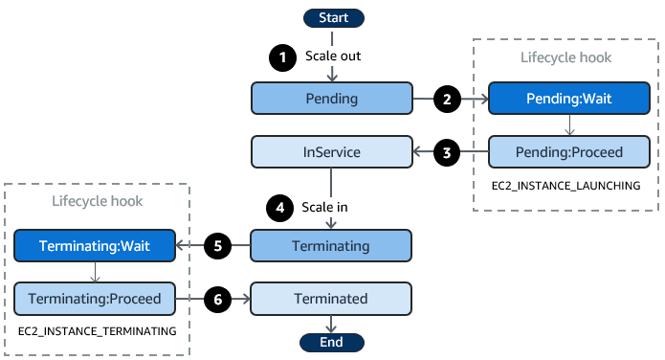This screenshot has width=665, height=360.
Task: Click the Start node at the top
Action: pyautogui.click(x=331, y=17)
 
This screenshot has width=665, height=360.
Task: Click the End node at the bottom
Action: pyautogui.click(x=331, y=342)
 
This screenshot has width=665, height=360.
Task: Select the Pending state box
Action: pyautogui.click(x=331, y=98)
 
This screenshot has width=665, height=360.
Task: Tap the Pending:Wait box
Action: pyautogui.click(x=569, y=98)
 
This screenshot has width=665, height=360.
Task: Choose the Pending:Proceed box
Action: pyautogui.click(x=569, y=151)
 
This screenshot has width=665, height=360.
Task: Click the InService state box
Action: pyautogui.click(x=331, y=151)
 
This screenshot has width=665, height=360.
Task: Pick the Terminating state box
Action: pyautogui.click(x=331, y=245)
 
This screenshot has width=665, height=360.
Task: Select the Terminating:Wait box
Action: pyautogui.click(x=94, y=245)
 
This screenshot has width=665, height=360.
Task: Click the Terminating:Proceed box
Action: pyautogui.click(x=94, y=299)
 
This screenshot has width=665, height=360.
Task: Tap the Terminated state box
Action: pyautogui.click(x=331, y=299)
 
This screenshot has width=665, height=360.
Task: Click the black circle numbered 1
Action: pyautogui.click(x=282, y=56)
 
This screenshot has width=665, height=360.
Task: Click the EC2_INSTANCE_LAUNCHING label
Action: pyautogui.click(x=569, y=184)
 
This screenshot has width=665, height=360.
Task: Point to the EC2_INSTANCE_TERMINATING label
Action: pyautogui.click(x=97, y=330)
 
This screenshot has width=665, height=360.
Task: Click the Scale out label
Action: pyautogui.click(x=334, y=56)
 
